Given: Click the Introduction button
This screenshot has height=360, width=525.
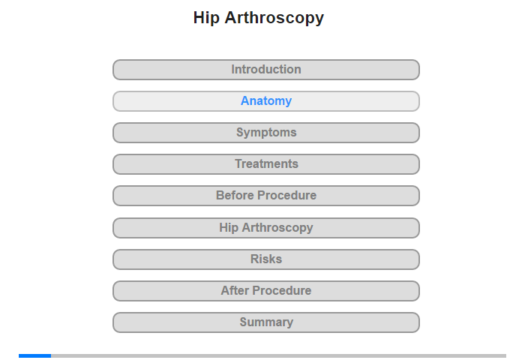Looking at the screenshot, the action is (x=266, y=70).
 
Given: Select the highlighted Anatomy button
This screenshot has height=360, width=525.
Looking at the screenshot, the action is (x=266, y=101).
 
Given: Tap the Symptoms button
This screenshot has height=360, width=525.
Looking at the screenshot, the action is (x=266, y=133).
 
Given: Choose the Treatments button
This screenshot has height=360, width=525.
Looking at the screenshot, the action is (x=266, y=164).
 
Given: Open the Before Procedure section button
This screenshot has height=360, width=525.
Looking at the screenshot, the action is (x=266, y=196).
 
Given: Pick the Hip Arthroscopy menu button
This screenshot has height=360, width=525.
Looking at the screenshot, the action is (x=266, y=228).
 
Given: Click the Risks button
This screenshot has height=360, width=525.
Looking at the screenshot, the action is (x=266, y=259).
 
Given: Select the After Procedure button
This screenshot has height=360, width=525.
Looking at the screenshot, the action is (x=266, y=291).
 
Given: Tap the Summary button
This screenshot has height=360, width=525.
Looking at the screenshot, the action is (x=266, y=322).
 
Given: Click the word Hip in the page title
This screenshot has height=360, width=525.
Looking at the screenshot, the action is (x=206, y=18).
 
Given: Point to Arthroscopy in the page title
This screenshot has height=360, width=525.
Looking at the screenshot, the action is (x=274, y=18).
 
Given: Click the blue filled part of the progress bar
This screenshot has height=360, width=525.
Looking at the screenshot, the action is (x=34, y=355).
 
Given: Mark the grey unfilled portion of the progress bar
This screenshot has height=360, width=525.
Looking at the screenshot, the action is (x=278, y=355).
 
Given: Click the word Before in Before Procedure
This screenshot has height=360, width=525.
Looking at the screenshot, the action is (x=235, y=195).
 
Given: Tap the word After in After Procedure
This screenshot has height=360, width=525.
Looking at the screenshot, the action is (x=235, y=290).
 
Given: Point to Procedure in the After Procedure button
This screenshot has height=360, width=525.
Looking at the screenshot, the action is (x=282, y=290).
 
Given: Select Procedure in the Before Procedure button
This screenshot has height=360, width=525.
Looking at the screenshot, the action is (x=287, y=195).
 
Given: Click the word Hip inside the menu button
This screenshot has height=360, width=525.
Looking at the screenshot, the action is (x=229, y=228).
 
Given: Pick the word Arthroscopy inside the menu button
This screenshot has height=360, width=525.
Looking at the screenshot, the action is (x=277, y=228).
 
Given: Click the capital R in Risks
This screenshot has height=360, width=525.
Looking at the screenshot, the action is (x=255, y=259).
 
